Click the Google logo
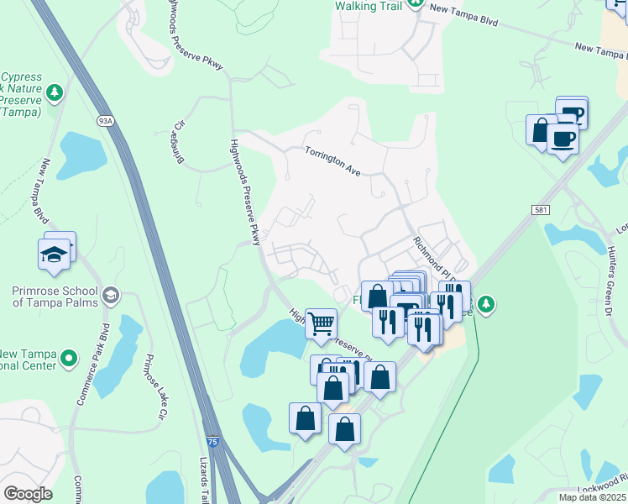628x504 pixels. tap(27, 494)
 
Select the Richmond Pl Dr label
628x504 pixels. tap(434, 259)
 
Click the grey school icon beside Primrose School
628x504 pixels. tap(112, 295)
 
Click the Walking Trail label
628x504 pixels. tap(369, 6)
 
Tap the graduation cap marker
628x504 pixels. tap(55, 254)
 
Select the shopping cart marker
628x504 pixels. tap(322, 323)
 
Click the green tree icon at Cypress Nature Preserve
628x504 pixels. tap(55, 91)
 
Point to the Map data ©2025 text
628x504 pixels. tap(591, 497)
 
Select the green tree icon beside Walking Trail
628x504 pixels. tap(416, 5)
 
